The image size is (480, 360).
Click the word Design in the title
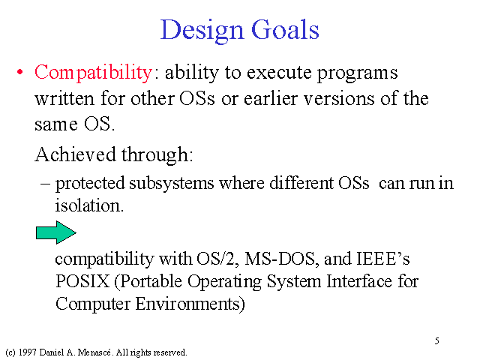pyautogui.click(x=202, y=31)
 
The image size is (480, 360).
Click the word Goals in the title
pyautogui.click(x=285, y=29)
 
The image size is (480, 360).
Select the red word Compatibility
pyautogui.click(x=93, y=73)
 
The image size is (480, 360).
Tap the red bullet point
pyautogui.click(x=20, y=73)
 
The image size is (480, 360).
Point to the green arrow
pyautogui.click(x=56, y=232)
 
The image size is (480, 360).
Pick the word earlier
pyautogui.click(x=271, y=98)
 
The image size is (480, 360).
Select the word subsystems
pyautogui.click(x=172, y=184)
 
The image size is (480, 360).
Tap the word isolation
pyautogui.click(x=89, y=205)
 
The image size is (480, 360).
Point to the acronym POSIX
pyautogui.click(x=82, y=281)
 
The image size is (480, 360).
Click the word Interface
pyautogui.click(x=358, y=281)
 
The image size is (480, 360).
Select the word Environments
pyautogui.click(x=190, y=304)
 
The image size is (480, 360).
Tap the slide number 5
pyautogui.click(x=436, y=340)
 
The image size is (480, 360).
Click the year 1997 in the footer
pyautogui.click(x=27, y=352)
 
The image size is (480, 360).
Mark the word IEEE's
pyautogui.click(x=383, y=259)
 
